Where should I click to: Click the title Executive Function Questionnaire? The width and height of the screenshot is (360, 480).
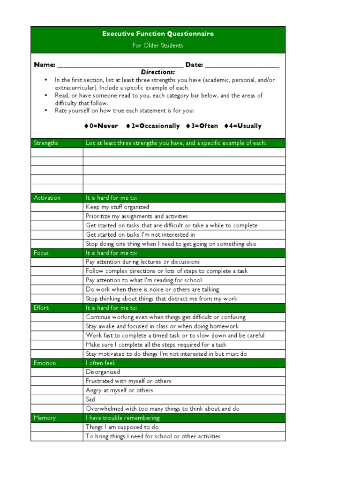coord(158,34)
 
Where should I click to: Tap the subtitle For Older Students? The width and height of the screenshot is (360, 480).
coord(158,45)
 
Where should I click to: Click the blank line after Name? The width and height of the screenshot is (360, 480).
coord(120,66)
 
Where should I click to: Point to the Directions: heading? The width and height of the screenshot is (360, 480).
coord(158,72)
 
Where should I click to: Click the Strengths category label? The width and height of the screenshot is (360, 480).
coord(46,143)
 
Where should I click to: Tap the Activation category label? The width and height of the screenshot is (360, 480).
coord(47,198)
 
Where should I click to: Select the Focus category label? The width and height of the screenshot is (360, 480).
coord(41,253)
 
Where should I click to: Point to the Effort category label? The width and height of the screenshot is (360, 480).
coord(41,308)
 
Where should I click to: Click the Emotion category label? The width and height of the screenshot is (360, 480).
coord(45,363)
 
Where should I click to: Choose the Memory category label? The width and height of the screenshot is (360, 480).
coord(45,418)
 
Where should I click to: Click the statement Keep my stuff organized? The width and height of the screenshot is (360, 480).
coord(117,207)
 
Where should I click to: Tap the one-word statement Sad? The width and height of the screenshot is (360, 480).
coord(90,400)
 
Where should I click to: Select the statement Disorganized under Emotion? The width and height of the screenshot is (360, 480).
coord(103,372)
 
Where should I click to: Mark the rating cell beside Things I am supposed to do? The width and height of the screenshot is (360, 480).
coord(57,427)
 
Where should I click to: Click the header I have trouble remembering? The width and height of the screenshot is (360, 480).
coord(123,418)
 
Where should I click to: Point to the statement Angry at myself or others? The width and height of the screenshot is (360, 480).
coord(119,390)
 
